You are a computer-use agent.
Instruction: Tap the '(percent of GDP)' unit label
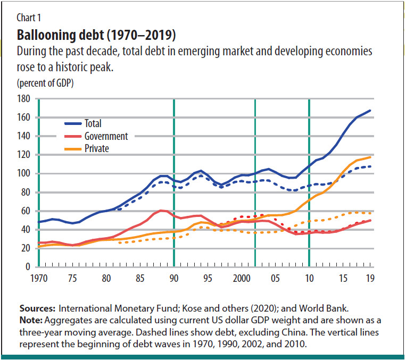click(45, 83)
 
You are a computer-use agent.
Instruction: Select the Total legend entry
click(93, 123)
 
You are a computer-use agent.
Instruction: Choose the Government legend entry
click(106, 136)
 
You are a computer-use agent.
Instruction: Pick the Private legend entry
click(96, 148)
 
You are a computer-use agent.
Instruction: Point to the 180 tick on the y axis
click(24, 99)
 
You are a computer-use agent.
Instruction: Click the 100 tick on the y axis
click(24, 174)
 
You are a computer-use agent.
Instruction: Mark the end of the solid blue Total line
click(370, 111)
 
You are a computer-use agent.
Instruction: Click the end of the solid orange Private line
click(370, 157)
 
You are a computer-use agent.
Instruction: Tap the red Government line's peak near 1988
click(161, 211)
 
